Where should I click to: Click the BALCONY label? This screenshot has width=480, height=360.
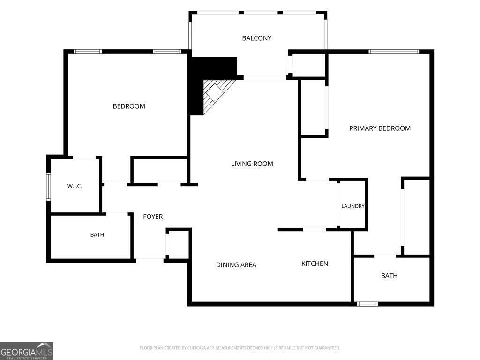(x=256, y=38)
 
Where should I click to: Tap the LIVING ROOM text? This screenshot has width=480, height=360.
(x=252, y=164)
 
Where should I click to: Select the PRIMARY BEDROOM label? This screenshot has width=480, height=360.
(x=380, y=128)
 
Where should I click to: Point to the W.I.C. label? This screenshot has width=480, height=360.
(x=75, y=186)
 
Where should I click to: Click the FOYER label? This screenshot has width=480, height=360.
(x=153, y=217)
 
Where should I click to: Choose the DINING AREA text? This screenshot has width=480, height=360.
(x=236, y=265)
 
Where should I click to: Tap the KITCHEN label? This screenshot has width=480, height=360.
(x=315, y=263)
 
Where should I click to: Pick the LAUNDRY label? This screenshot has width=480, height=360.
(x=353, y=206)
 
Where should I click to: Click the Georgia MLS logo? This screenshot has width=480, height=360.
(x=27, y=351)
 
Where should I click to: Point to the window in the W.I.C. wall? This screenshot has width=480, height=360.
(x=48, y=187)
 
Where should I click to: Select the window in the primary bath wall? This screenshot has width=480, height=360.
(x=367, y=304)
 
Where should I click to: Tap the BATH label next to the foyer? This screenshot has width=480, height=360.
(x=97, y=235)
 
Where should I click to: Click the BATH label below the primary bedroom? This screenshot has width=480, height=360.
(x=389, y=276)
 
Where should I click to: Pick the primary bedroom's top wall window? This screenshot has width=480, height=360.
(x=393, y=52)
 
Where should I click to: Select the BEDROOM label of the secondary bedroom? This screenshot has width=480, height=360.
(x=129, y=106)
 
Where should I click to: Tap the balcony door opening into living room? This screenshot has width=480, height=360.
(x=265, y=78)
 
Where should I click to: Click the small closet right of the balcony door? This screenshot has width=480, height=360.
(x=308, y=65)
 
